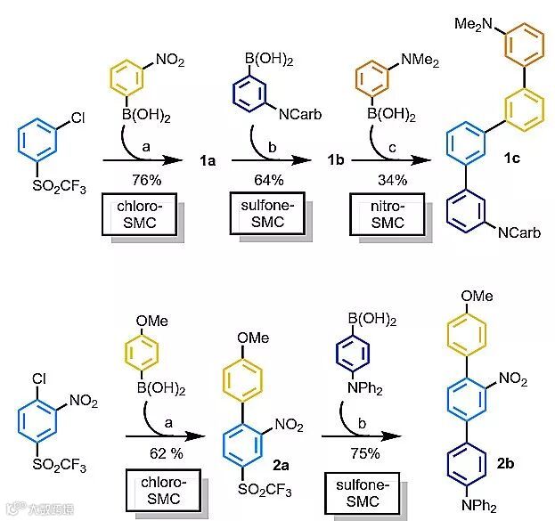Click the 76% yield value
(x=138, y=180)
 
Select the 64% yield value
(x=265, y=180)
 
